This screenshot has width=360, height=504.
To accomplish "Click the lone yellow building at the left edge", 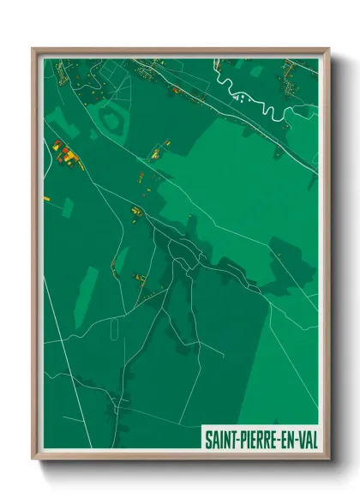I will coord(48,199).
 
